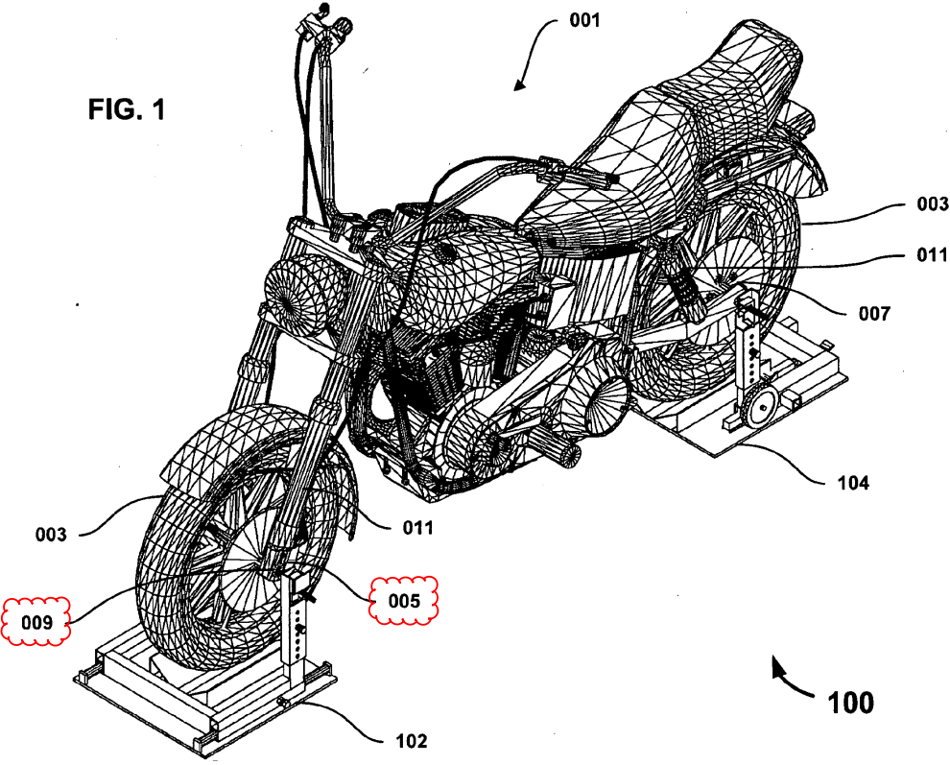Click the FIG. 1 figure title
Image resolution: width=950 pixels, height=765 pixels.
127,109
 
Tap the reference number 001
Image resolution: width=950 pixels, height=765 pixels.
584,20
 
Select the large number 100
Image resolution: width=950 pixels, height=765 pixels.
850,703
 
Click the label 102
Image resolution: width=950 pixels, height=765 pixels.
412,741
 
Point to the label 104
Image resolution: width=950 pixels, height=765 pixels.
853,483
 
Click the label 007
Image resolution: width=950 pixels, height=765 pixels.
874,314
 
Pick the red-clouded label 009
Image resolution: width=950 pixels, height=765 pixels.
37,622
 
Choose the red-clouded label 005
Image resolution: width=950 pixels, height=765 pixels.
404,600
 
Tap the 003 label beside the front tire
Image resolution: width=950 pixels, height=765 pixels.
50,535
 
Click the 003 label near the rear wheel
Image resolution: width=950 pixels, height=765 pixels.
932,204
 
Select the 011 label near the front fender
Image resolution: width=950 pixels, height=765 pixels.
418,528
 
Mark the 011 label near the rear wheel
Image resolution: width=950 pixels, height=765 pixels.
932,254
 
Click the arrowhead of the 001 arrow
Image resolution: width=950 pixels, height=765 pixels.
518,84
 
